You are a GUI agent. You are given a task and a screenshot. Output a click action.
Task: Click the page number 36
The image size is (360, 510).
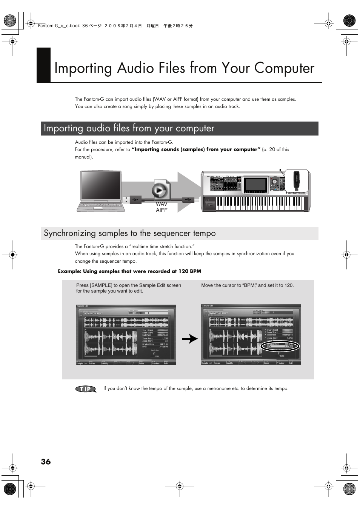point(46,462)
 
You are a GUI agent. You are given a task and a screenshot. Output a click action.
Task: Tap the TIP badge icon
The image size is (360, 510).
point(86,389)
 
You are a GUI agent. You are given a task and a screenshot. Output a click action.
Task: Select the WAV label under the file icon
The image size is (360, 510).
point(162,204)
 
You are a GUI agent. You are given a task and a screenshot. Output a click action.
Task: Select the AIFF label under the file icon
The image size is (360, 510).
point(162,210)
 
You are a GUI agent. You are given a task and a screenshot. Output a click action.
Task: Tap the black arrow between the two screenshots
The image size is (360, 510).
point(190,339)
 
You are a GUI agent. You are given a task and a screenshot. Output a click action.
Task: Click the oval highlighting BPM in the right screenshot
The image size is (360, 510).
point(280,347)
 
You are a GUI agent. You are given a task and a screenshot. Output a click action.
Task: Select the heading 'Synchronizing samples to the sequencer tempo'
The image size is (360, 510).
point(130,233)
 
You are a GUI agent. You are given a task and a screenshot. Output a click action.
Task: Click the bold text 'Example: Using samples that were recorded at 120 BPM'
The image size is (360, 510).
point(129,271)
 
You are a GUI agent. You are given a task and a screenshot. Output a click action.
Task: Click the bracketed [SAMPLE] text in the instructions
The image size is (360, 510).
point(101,285)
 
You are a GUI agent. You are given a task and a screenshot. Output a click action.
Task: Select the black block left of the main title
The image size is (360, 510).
point(43,65)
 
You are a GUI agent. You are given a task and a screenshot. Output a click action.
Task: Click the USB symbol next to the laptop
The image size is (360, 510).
point(135,199)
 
